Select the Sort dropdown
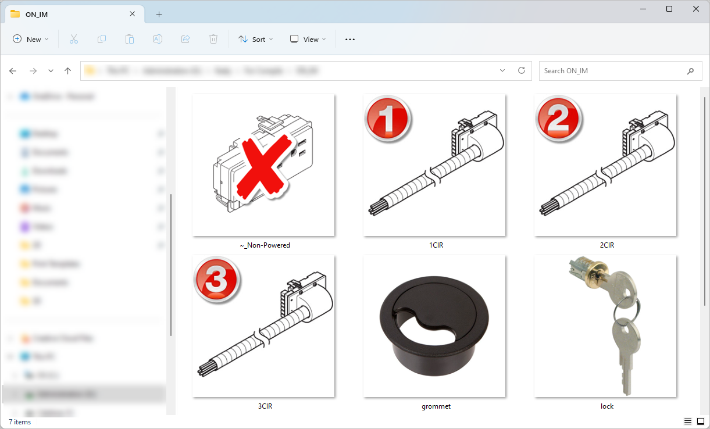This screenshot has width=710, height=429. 252,40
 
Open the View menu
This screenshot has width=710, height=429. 308,40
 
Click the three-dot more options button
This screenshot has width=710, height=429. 349,40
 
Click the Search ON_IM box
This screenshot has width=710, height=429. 613,71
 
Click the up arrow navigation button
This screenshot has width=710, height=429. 67,71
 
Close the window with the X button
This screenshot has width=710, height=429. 696,9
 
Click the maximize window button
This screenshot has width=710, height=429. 669,9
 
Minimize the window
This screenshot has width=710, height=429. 643,9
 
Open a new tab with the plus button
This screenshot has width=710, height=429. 159,15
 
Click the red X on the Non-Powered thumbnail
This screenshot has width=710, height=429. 264,165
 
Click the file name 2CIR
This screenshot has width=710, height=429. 606,245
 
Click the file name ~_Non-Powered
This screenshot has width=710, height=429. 265,245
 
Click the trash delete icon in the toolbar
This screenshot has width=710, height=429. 213,40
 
